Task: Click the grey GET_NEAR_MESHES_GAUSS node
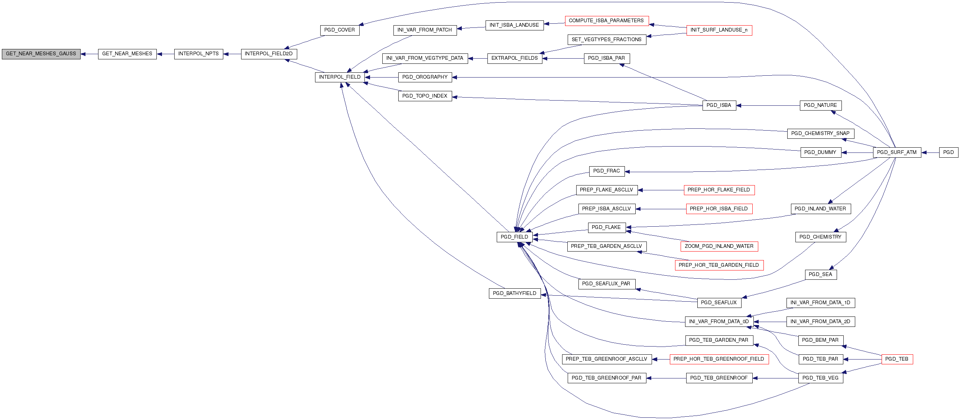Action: [x=41, y=54]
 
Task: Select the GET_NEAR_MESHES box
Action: [x=127, y=54]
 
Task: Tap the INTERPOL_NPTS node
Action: [x=199, y=54]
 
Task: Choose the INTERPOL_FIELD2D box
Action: [x=269, y=54]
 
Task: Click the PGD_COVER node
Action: [x=340, y=30]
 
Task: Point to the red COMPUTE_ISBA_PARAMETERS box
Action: [x=607, y=21]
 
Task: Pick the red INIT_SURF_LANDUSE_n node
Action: [x=719, y=30]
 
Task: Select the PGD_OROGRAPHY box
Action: [x=425, y=78]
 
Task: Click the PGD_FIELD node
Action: [x=514, y=237]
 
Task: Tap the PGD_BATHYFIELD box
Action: [x=515, y=293]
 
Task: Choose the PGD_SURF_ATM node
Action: [x=897, y=152]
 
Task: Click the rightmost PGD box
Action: [x=948, y=152]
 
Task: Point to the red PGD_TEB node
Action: [x=897, y=359]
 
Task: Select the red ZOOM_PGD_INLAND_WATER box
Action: [x=719, y=246]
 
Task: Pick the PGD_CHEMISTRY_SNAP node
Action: [x=821, y=134]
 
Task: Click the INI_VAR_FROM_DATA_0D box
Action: [x=719, y=322]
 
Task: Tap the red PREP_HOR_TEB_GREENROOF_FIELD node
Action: [x=719, y=359]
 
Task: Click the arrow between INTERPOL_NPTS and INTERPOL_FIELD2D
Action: [x=232, y=55]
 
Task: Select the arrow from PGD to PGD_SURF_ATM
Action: [x=930, y=152]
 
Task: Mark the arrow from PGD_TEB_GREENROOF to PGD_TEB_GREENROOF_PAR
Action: [x=666, y=378]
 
